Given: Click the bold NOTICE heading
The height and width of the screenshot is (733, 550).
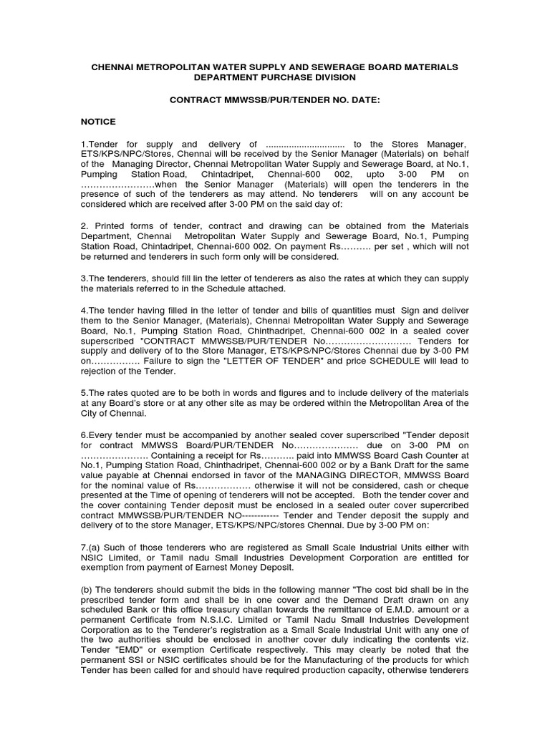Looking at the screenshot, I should pos(98,122).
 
